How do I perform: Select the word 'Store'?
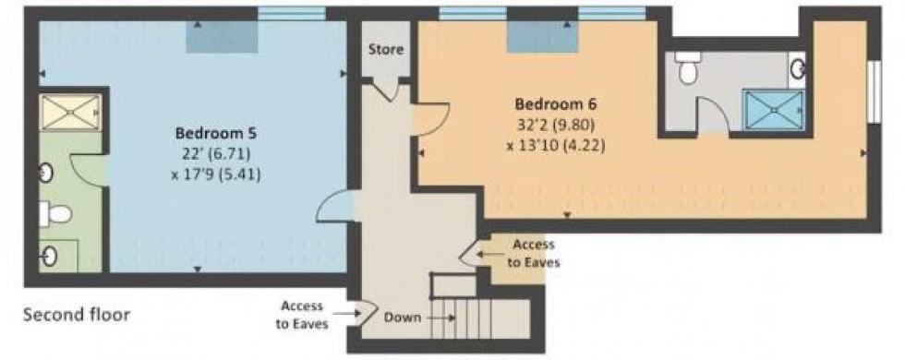(x=386, y=50)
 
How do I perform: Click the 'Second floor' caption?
(x=76, y=315)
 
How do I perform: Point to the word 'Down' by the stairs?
(x=403, y=318)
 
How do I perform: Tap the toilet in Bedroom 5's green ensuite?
(x=57, y=214)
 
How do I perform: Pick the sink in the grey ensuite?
(x=797, y=66)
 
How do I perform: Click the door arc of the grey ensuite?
(x=711, y=115)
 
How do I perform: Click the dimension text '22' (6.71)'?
(x=212, y=153)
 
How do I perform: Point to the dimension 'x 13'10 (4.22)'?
(x=556, y=144)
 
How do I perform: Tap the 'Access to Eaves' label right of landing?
(x=532, y=253)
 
